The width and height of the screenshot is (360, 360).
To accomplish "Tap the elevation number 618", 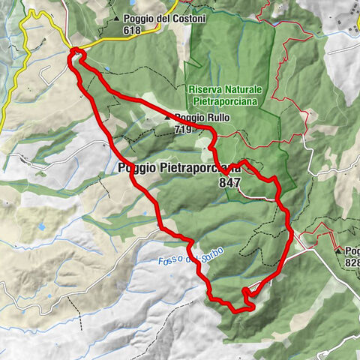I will [x=133, y=31].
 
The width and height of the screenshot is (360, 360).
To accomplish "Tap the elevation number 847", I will [x=229, y=182].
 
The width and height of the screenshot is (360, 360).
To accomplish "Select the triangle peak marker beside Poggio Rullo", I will [x=168, y=118].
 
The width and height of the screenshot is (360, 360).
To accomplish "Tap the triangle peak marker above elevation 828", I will [x=338, y=250].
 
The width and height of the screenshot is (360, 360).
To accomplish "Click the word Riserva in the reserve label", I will [x=203, y=87].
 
